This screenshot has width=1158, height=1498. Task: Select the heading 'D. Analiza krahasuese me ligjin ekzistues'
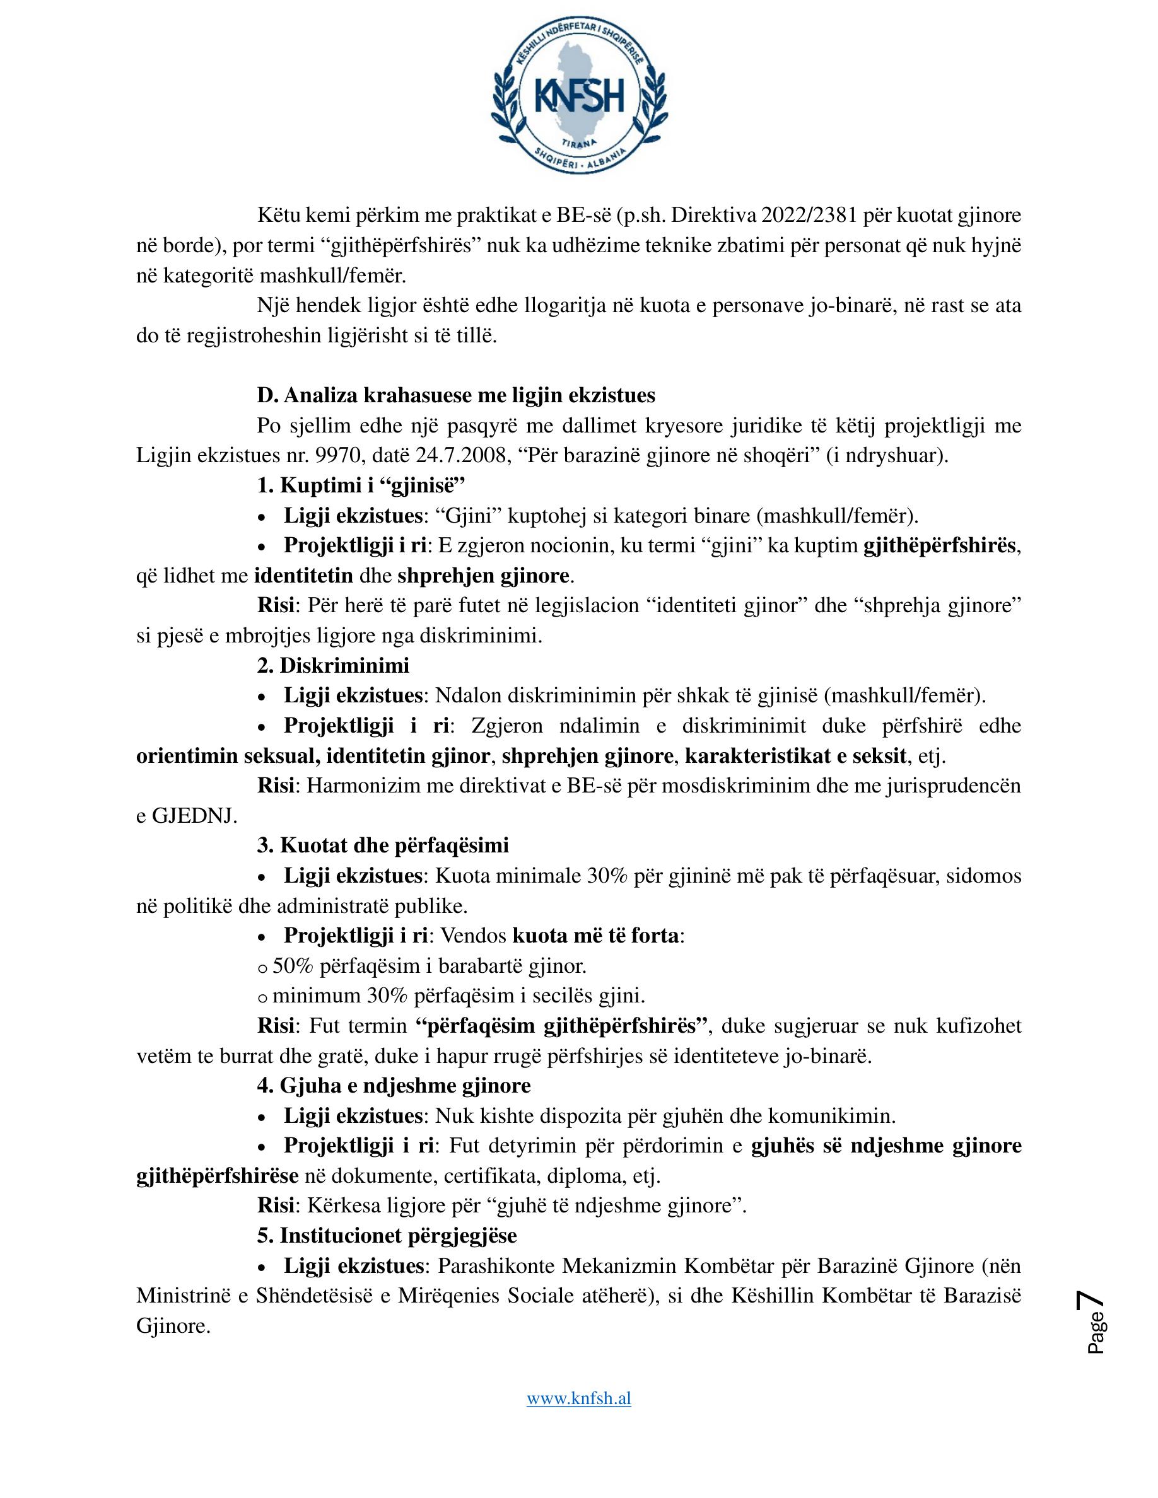point(456,395)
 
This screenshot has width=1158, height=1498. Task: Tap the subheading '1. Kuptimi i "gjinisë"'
point(361,485)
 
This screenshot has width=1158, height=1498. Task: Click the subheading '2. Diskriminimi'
point(334,665)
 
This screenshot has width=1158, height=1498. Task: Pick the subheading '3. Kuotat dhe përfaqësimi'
point(383,845)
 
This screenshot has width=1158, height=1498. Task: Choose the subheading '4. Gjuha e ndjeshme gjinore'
point(394,1085)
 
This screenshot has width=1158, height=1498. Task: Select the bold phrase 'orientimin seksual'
point(227,756)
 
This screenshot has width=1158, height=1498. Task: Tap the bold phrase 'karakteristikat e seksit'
point(796,756)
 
